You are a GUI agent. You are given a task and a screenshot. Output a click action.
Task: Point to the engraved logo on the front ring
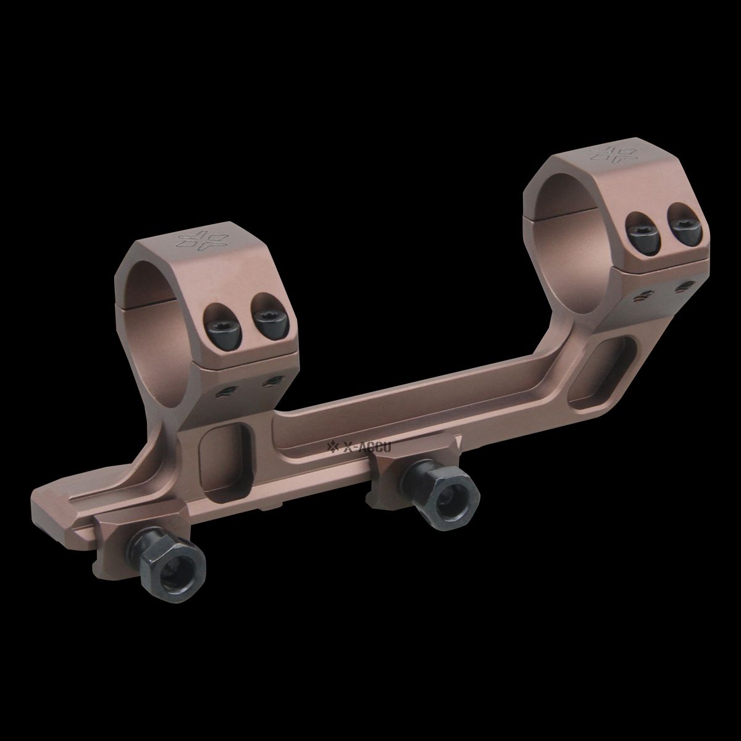[x=198, y=240]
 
